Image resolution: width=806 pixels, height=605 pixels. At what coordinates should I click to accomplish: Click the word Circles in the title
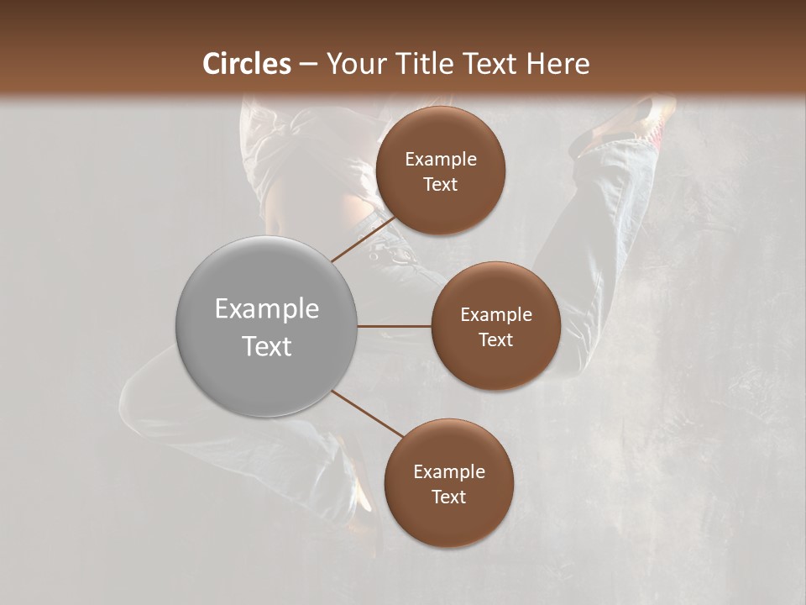247,64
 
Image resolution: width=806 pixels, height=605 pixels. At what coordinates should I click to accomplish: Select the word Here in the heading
557,64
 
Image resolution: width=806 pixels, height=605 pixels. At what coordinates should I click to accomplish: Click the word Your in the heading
358,64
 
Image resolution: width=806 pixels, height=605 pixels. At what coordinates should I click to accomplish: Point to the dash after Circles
308,65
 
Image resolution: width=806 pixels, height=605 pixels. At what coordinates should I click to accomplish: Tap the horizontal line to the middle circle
395,326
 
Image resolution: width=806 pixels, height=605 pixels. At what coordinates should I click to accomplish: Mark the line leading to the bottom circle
367,413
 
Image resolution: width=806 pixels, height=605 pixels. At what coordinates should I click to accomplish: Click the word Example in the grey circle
266,309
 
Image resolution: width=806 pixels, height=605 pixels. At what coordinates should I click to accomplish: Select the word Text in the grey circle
266,346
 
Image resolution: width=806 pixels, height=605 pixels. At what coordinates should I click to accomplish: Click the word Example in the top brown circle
440,160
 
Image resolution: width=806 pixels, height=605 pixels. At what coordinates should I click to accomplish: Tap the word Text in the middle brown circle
495,339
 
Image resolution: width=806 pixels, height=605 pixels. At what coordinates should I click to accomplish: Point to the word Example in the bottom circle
449,471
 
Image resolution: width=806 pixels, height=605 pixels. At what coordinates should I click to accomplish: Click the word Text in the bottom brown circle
449,497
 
